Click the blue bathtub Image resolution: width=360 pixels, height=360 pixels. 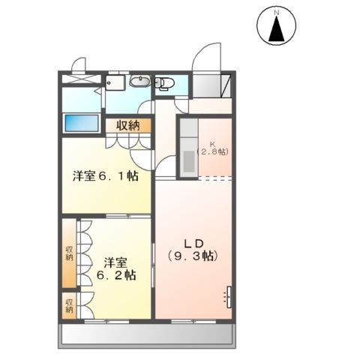click(81, 122)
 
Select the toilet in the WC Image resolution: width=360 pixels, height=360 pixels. click(164, 83)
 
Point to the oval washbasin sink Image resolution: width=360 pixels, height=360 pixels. click(139, 82)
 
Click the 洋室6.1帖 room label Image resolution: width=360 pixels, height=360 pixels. click(104, 176)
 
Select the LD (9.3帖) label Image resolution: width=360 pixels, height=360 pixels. click(192, 249)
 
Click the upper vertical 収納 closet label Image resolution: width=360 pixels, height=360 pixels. click(69, 252)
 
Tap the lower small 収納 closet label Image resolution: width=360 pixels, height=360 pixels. click(69, 305)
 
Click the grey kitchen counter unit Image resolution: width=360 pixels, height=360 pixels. click(187, 148)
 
